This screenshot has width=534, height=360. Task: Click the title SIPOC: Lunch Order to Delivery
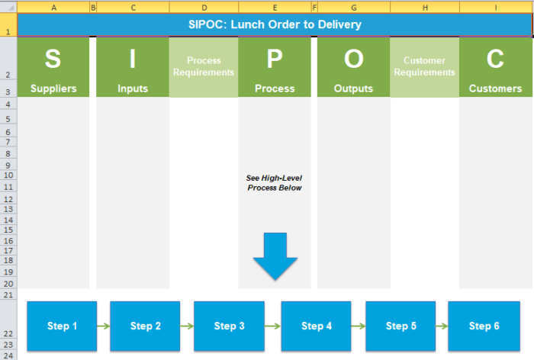(275, 24)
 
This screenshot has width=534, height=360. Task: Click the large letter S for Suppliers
(53, 59)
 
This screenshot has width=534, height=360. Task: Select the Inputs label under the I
(133, 88)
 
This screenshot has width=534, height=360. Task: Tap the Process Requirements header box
(204, 67)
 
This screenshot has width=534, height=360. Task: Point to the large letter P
(275, 59)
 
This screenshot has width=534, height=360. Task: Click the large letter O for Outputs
(353, 59)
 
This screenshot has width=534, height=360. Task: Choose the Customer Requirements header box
(424, 67)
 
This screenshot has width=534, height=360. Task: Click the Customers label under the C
(495, 88)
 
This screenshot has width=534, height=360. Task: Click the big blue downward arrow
(275, 256)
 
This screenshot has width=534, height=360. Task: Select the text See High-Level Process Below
(275, 182)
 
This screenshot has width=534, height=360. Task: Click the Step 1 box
(62, 326)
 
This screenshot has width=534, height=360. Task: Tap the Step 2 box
(145, 326)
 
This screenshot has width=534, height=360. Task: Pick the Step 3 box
(229, 326)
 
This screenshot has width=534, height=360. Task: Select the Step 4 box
(317, 326)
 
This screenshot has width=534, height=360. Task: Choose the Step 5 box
(400, 326)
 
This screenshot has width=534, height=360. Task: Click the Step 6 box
(484, 326)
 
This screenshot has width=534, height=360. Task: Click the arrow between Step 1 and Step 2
(104, 326)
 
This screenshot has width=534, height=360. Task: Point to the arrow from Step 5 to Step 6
(442, 326)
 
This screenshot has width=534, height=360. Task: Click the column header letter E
(274, 7)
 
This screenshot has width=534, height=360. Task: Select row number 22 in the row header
(8, 334)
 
